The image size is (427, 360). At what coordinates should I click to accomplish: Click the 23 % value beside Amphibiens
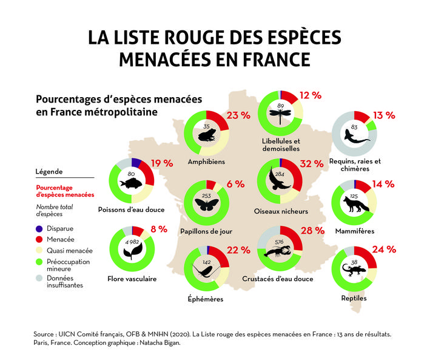(238, 115)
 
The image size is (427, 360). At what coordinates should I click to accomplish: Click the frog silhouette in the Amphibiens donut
(207, 136)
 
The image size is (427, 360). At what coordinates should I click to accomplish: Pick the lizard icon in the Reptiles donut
(355, 269)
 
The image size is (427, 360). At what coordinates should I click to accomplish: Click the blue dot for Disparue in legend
(40, 229)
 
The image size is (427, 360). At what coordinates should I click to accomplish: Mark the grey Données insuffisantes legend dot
(40, 277)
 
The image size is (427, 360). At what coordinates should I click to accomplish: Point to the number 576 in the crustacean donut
(280, 241)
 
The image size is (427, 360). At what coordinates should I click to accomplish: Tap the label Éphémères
(206, 299)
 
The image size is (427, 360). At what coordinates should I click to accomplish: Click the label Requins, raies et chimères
(355, 165)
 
